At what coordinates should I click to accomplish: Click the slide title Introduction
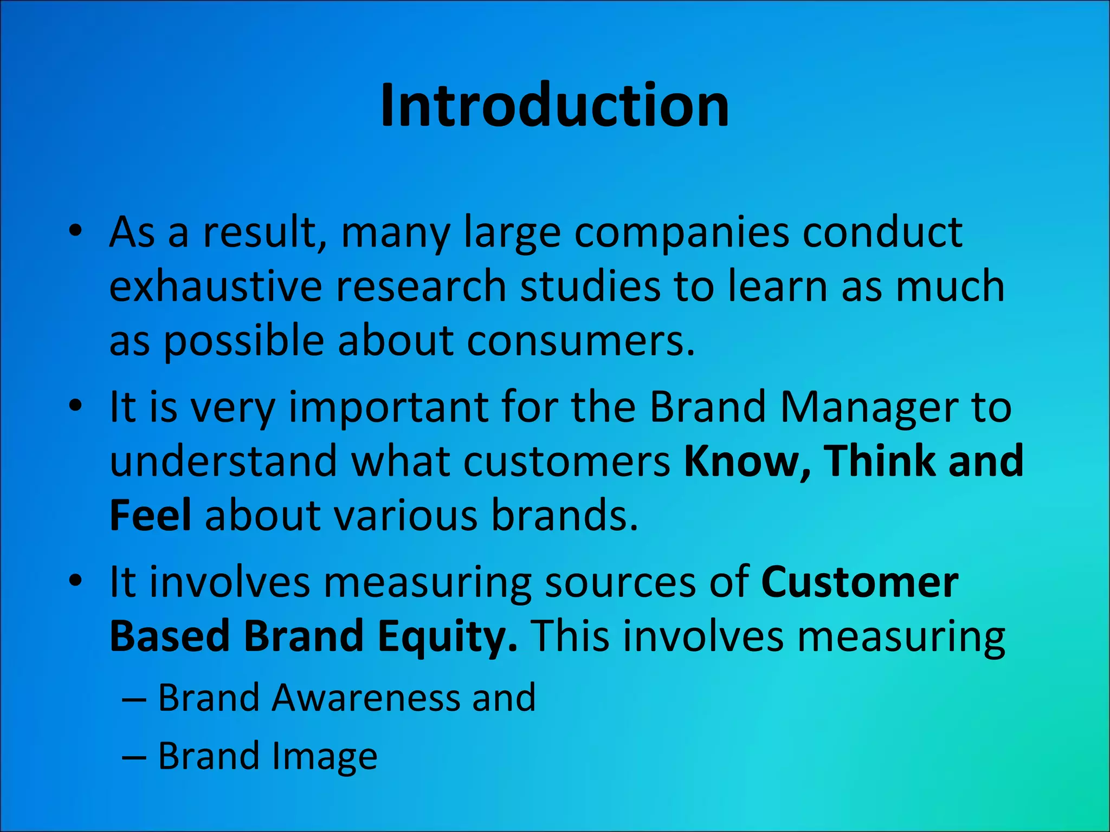click(554, 106)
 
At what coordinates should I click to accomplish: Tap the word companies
click(681, 233)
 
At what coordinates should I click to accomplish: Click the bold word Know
click(747, 461)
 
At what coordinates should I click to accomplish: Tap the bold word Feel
click(150, 515)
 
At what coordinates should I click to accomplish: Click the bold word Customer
click(860, 582)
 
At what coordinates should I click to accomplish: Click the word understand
click(223, 461)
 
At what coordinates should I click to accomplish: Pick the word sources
click(618, 582)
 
